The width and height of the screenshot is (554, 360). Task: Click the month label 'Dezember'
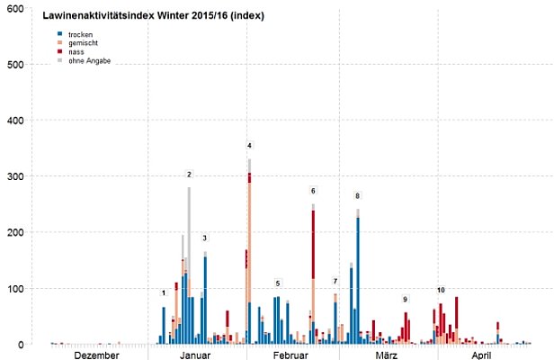point(96,355)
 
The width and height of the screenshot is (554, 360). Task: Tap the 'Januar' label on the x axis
point(195,355)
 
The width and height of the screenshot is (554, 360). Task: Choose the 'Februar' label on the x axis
point(290,355)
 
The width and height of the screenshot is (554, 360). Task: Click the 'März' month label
point(387,355)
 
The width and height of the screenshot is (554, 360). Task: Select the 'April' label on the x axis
point(483,355)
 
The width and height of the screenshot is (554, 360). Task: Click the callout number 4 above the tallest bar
point(249,146)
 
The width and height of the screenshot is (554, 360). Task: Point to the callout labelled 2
point(189,175)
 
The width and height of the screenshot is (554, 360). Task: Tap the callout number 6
point(313,191)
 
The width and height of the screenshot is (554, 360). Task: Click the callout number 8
point(357,196)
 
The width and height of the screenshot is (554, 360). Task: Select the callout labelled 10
point(441,291)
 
